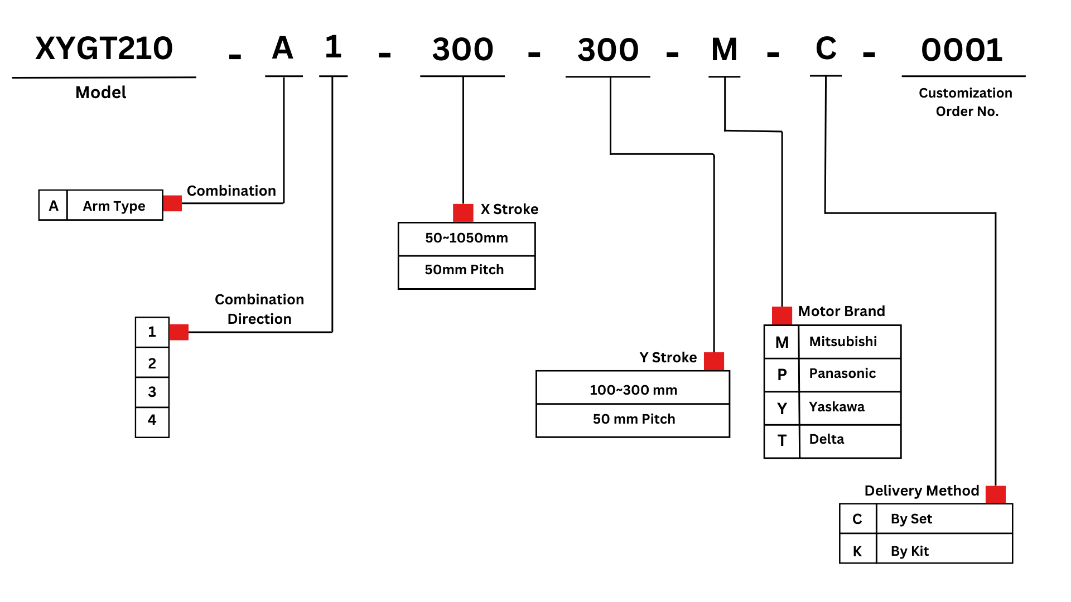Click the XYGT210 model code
(x=104, y=48)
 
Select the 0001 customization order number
(x=962, y=50)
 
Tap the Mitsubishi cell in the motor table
(x=850, y=342)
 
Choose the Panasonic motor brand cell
(x=850, y=374)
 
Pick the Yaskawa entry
(x=850, y=407)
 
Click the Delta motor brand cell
(x=850, y=440)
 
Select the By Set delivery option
(x=944, y=519)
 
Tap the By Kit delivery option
(x=944, y=551)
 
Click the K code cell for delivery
(x=857, y=551)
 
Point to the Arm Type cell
(x=114, y=206)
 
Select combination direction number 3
(x=152, y=392)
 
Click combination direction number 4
(x=152, y=420)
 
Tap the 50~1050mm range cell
(x=466, y=239)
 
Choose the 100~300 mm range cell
(x=633, y=390)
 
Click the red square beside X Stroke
(x=463, y=212)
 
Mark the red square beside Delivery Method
(x=996, y=494)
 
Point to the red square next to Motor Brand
(x=782, y=315)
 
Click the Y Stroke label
(x=668, y=357)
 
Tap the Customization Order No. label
(x=966, y=102)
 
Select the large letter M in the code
(x=725, y=50)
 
